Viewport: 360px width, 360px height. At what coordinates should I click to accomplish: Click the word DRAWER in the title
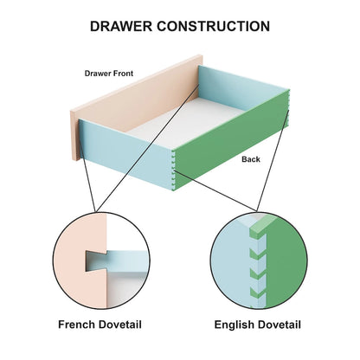121,26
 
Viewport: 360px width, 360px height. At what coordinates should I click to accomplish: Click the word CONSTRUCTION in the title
214,26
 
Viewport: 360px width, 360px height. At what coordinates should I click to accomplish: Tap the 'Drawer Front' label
109,74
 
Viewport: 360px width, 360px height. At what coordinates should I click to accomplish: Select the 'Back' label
251,159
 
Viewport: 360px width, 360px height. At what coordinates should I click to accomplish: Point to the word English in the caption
233,325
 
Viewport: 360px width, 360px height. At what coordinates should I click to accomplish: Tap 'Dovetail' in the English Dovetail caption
278,325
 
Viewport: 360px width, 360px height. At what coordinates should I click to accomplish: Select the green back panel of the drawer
231,141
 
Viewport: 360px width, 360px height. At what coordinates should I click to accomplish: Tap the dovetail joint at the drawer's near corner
173,170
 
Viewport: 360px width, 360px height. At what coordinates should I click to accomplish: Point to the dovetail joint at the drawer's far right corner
288,107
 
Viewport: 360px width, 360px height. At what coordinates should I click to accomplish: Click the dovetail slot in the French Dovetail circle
96,261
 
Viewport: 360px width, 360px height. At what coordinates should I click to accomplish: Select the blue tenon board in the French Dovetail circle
127,261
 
